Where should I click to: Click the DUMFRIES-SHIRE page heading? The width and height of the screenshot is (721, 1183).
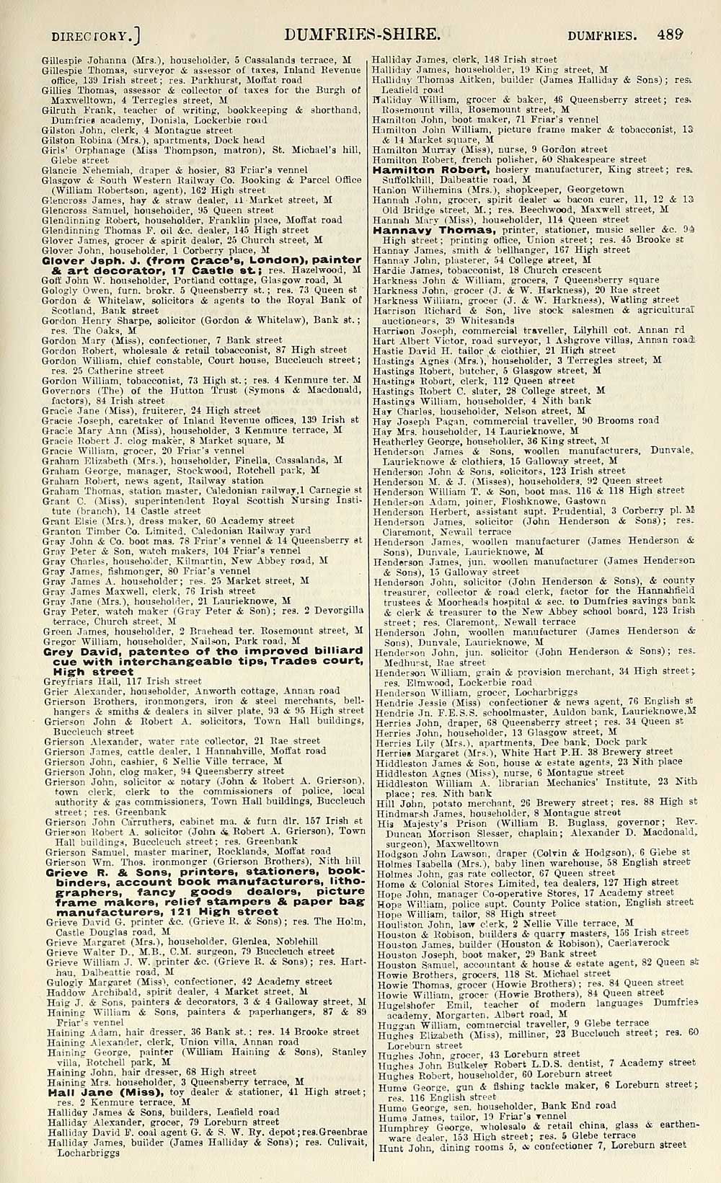(362, 34)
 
